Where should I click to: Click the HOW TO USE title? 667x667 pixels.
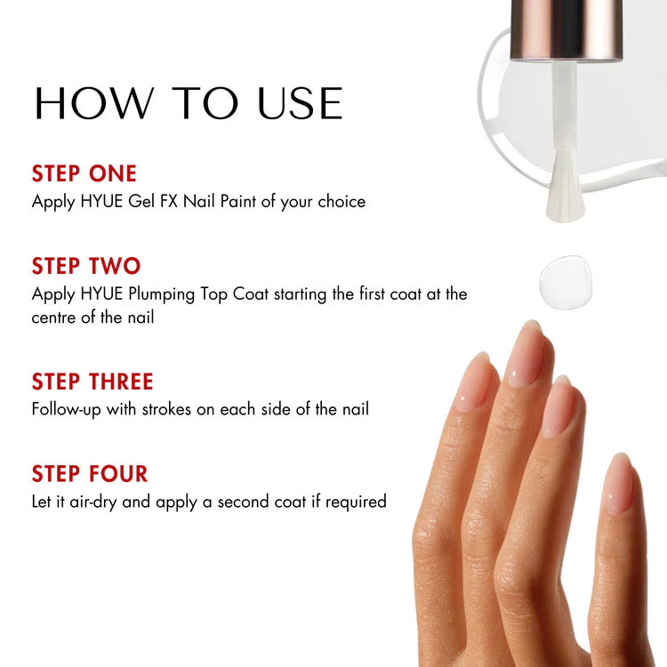pos(189,103)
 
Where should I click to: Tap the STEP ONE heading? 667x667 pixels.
pos(84,173)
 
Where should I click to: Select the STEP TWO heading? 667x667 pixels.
pos(86,266)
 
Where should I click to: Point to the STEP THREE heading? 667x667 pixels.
pos(92,382)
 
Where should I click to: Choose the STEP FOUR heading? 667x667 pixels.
pos(90,473)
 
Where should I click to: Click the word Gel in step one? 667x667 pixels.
pos(141,201)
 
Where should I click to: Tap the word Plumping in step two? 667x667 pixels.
pos(162,295)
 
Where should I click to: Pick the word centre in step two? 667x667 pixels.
pos(54,317)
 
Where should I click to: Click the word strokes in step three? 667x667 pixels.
pos(166,409)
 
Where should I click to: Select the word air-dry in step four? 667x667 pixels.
pos(93,502)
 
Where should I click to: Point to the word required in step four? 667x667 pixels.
pos(356,502)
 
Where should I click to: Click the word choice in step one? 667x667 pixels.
pos(342,201)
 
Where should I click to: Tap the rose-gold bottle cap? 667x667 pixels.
pos(567,29)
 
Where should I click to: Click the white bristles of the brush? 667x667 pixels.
pos(566,187)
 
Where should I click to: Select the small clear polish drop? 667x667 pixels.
pos(566,282)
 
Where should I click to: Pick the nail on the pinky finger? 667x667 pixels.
pos(618,484)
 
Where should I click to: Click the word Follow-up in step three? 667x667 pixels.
pos(67,409)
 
